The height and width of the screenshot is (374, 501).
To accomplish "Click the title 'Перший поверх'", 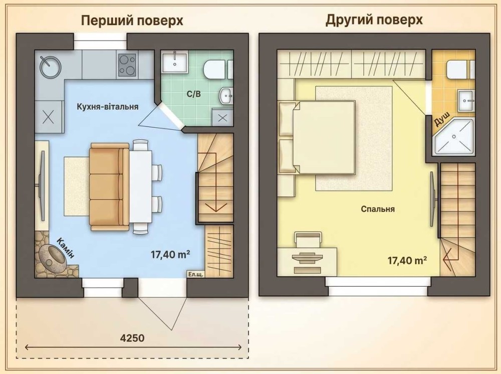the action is (132, 21).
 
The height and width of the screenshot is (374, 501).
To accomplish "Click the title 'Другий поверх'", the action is (374, 20).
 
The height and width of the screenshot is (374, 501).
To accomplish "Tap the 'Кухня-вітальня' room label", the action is (108, 106).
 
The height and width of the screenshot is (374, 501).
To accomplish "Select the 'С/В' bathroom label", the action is (194, 94).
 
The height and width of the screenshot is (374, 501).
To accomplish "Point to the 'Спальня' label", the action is (378, 209).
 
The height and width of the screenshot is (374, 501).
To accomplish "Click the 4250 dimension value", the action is (132, 338).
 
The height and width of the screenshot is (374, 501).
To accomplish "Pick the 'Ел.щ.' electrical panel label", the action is (195, 274).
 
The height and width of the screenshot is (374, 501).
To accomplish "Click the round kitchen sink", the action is (50, 67).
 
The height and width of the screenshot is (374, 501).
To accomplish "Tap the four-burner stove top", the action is (127, 65).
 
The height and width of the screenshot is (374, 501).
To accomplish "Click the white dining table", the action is (140, 187).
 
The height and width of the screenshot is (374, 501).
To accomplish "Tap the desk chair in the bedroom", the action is (308, 239).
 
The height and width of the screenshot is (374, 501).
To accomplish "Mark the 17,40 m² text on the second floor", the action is (407, 261).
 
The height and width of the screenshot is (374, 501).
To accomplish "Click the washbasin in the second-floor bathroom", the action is (466, 100).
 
